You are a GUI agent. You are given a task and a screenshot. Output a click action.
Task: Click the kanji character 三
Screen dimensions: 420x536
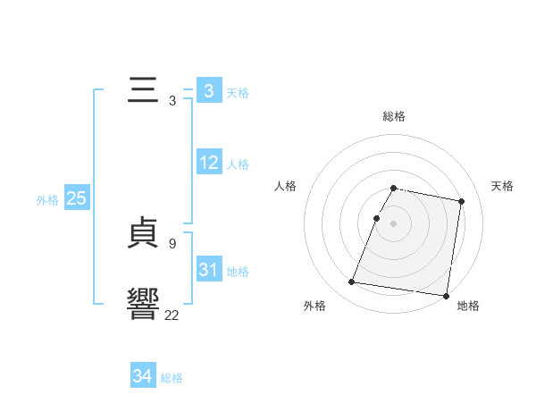tap(144, 91)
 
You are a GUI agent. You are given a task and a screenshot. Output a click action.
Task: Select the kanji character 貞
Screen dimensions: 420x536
tap(144, 234)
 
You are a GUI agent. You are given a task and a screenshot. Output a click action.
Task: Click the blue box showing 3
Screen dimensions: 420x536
tap(208, 91)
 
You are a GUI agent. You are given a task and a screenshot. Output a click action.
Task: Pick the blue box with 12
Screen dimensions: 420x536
tap(209, 163)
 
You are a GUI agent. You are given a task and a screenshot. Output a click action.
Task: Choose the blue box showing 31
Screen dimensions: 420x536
tap(209, 270)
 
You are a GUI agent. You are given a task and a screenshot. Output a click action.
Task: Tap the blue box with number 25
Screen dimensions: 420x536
tap(77, 198)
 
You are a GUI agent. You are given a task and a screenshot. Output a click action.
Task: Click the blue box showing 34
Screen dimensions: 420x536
tap(142, 376)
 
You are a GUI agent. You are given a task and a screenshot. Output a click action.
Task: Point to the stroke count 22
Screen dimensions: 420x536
tap(172, 315)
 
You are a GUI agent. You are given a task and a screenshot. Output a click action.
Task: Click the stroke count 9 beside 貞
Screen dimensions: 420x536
tap(172, 243)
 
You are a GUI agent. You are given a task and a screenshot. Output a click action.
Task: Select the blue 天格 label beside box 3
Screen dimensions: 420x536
tap(238, 93)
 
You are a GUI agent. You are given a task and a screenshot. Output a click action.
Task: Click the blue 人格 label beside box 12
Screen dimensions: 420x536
tap(238, 164)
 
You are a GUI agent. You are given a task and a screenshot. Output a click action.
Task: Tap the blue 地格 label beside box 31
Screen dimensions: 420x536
tap(238, 272)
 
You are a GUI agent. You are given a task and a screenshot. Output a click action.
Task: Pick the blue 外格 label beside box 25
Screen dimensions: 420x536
tap(47, 200)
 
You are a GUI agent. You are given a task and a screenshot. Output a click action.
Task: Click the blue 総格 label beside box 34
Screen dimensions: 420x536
tap(172, 378)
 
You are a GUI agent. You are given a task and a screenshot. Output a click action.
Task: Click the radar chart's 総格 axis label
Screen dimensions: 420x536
tap(394, 116)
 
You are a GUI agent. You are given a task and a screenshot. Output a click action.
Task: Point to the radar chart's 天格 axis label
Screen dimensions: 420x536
tap(502, 186)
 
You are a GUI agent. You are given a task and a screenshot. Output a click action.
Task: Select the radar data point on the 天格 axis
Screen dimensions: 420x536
tap(461, 202)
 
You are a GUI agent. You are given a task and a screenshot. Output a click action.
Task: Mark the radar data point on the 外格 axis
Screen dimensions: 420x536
tap(352, 282)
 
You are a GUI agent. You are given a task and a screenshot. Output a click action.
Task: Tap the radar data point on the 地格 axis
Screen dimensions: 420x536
tap(445, 295)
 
